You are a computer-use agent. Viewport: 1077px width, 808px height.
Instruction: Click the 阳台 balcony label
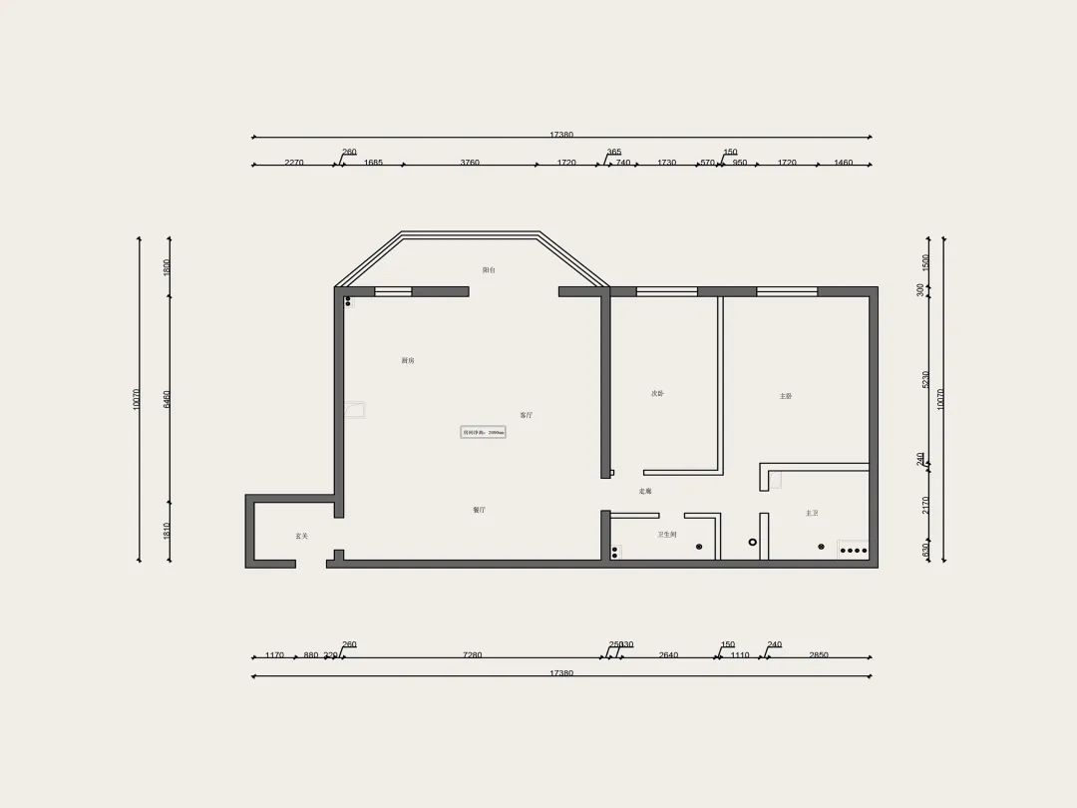pyautogui.click(x=489, y=270)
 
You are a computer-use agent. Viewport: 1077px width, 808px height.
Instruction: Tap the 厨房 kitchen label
pyautogui.click(x=408, y=360)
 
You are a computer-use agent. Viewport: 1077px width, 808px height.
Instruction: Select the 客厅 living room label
pyautogui.click(x=526, y=415)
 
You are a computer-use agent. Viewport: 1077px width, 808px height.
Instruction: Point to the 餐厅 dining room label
pyautogui.click(x=480, y=510)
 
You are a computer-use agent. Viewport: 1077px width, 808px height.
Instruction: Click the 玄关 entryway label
pyautogui.click(x=301, y=536)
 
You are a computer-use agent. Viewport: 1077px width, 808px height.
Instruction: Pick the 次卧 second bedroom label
pyautogui.click(x=657, y=394)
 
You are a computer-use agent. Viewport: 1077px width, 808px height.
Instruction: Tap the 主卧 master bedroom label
pyautogui.click(x=786, y=396)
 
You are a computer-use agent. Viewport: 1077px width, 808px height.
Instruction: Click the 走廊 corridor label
pyautogui.click(x=645, y=492)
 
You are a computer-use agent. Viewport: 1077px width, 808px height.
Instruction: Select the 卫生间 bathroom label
pyautogui.click(x=667, y=536)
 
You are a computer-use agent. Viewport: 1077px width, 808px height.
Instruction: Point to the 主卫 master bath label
pyautogui.click(x=812, y=514)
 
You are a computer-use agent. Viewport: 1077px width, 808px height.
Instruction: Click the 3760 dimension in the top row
pyautogui.click(x=470, y=162)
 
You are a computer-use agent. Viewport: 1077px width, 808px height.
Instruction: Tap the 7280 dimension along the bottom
pyautogui.click(x=473, y=655)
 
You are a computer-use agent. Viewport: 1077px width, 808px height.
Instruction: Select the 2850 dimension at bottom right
pyautogui.click(x=818, y=655)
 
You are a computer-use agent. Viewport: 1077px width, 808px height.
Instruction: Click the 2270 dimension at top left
pyautogui.click(x=293, y=162)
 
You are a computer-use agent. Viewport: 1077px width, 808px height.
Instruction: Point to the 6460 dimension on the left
pyautogui.click(x=168, y=399)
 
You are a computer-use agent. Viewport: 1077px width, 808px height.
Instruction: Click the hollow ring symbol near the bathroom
pyautogui.click(x=753, y=542)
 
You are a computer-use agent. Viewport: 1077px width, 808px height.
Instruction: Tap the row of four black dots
pyautogui.click(x=854, y=550)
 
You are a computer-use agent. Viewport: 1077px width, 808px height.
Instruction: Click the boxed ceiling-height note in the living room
pyautogui.click(x=484, y=433)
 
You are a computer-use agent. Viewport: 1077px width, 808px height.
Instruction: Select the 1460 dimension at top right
pyautogui.click(x=844, y=162)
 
